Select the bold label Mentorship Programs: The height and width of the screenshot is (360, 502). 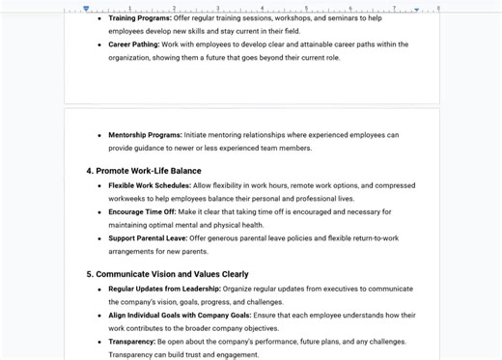click(145, 135)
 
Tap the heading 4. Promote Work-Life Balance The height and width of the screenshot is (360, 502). click(144, 171)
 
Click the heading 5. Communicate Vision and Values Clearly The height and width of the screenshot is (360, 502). click(167, 274)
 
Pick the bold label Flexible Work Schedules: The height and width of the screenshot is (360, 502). click(150, 185)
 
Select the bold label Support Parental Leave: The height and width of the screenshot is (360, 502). click(148, 238)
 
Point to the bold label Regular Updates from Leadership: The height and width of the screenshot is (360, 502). click(165, 289)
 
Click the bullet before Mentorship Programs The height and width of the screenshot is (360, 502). click(98, 136)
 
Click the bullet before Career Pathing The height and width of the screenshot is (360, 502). click(98, 44)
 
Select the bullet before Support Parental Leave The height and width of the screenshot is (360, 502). click(98, 239)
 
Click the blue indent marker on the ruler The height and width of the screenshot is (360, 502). click(87, 8)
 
